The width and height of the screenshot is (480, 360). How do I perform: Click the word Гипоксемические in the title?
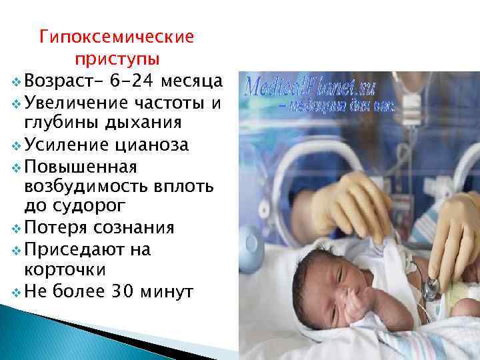[x=116, y=35]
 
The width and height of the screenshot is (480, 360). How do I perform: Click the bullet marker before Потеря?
[x=16, y=229]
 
